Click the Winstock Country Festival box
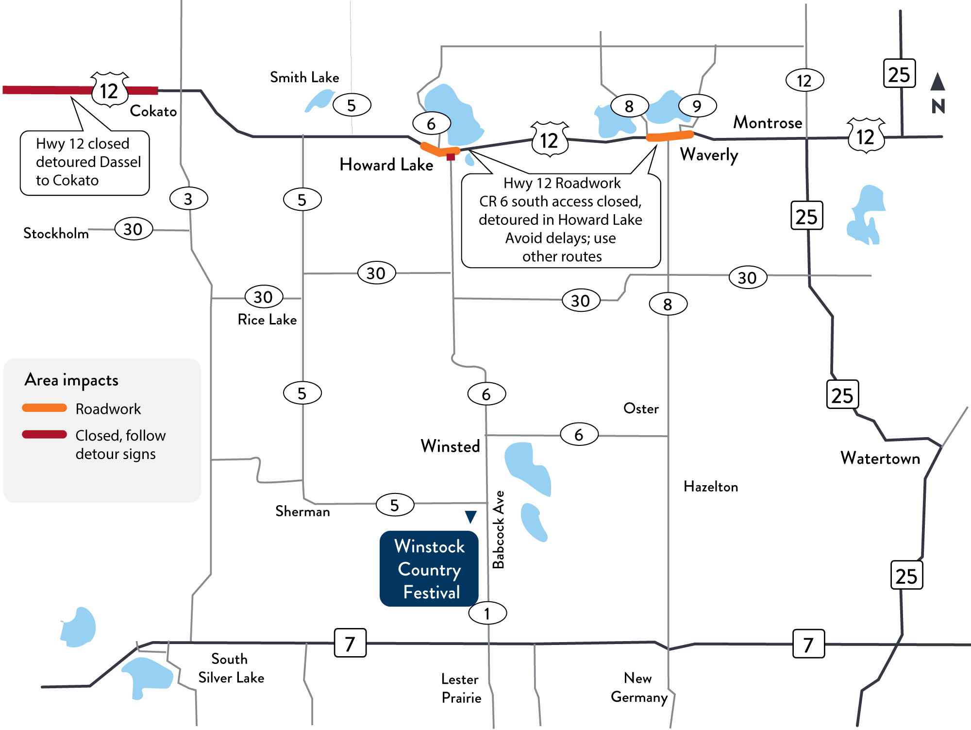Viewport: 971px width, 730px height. tap(429, 569)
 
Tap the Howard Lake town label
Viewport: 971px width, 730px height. tap(386, 165)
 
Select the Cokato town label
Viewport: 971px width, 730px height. tap(153, 111)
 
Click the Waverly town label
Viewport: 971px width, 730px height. tap(709, 154)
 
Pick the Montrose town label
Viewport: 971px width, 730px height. tap(767, 122)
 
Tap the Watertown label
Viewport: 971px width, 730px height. tap(880, 458)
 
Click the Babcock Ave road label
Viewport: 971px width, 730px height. tap(499, 529)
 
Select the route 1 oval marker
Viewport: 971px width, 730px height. tap(487, 613)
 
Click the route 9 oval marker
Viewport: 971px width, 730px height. tap(697, 106)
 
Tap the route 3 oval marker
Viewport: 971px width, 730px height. tap(188, 199)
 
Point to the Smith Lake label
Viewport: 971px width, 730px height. tap(304, 77)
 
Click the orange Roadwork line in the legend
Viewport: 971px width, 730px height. tap(45, 408)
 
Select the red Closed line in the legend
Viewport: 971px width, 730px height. tap(45, 434)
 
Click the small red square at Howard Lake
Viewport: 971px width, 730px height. tap(451, 157)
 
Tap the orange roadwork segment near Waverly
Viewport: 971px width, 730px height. tap(670, 136)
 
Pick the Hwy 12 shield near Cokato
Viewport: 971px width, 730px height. tap(109, 90)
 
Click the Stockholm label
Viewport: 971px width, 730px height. tap(56, 234)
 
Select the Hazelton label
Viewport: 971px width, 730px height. tap(710, 487)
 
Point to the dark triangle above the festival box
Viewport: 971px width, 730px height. tap(470, 516)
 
